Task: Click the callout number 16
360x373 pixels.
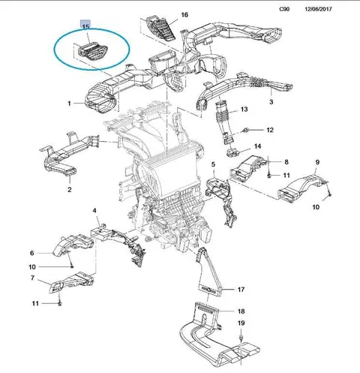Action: click(x=184, y=15)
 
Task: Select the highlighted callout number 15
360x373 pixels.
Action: click(x=85, y=26)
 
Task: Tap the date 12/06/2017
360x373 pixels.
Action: click(x=318, y=9)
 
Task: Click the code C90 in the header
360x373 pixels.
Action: click(x=284, y=9)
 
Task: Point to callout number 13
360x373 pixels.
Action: click(x=244, y=110)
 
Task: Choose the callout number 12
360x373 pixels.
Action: click(x=270, y=130)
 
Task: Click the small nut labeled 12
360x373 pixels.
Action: click(x=245, y=130)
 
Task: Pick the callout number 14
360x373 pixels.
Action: click(x=257, y=146)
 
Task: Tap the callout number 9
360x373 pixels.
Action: click(x=317, y=162)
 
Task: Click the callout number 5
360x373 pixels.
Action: click(x=213, y=164)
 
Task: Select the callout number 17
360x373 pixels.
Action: click(x=241, y=290)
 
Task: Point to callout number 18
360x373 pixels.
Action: click(x=241, y=311)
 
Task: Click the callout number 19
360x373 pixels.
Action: click(x=241, y=323)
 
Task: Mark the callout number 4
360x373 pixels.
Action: click(x=94, y=211)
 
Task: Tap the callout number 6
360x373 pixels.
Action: click(x=31, y=253)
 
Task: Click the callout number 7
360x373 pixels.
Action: click(x=32, y=278)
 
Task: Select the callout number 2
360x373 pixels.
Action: click(x=70, y=190)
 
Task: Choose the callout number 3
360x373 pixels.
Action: click(x=271, y=102)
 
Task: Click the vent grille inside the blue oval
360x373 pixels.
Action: click(x=93, y=52)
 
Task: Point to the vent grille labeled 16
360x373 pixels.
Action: click(x=161, y=28)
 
